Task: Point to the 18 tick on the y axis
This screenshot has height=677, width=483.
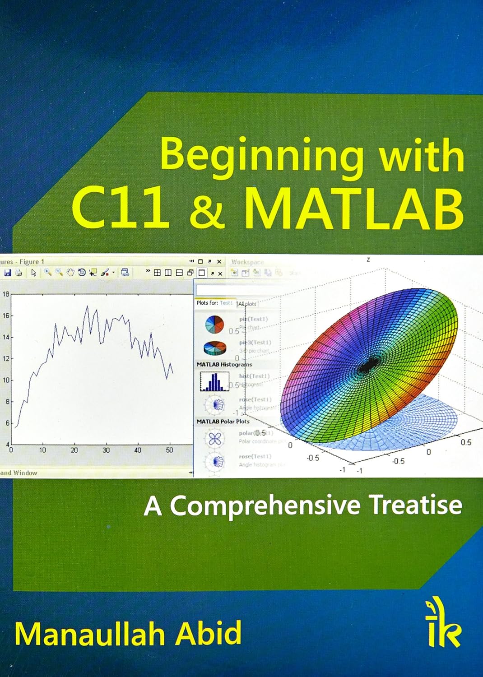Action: coord(6,294)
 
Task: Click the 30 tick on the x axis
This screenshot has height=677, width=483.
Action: coord(106,450)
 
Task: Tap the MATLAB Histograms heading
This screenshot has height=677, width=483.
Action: coord(224,364)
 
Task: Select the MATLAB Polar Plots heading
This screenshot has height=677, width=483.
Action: coord(223,421)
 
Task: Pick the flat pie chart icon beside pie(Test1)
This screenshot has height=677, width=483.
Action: coord(214,324)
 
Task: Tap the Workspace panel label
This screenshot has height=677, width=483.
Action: coord(247,262)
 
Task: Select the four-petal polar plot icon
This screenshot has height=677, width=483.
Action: coord(214,438)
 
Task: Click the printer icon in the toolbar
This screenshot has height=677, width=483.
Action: coord(19,273)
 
